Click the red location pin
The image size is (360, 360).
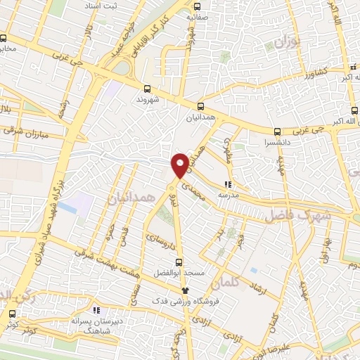click(180, 165)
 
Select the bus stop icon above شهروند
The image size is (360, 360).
click(147, 89)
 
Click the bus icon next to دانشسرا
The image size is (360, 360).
click(276, 131)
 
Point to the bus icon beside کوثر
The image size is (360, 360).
click(11, 314)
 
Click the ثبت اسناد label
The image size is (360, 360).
click(101, 6)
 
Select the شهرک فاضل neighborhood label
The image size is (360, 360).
click(296, 216)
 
